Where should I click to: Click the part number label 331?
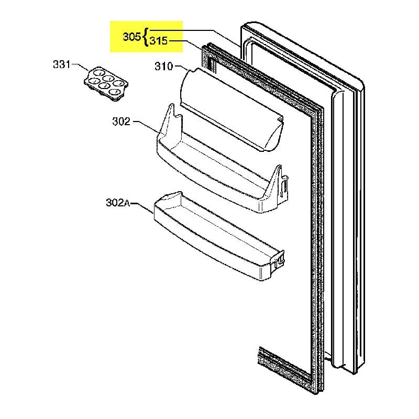pos(61,65)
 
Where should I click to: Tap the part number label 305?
pos(131,37)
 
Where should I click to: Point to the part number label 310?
pos(164,67)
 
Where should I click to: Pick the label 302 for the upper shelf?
pos(121,122)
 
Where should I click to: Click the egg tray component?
pos(106,82)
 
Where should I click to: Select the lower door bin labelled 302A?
pos(217,236)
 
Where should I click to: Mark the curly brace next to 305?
pos(145,37)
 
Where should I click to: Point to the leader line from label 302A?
pos(142,207)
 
